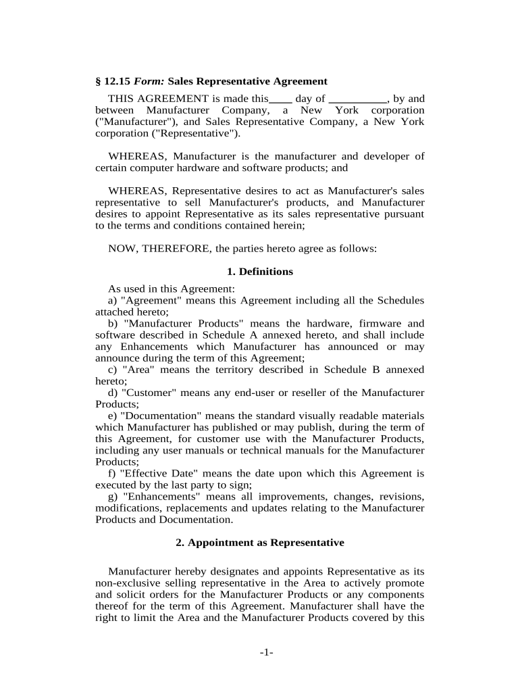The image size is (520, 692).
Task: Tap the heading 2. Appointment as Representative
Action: click(x=259, y=543)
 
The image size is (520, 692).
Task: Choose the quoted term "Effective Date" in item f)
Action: click(x=161, y=474)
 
